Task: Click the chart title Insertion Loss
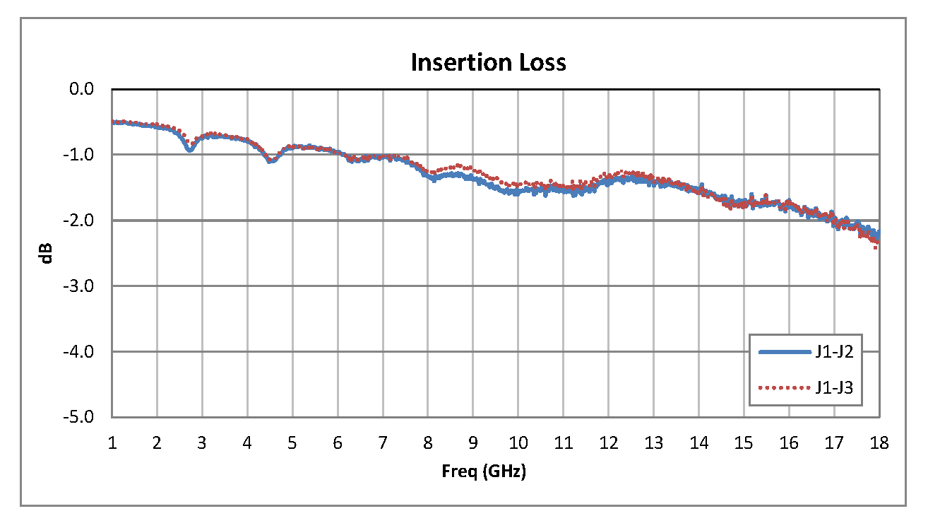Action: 488,62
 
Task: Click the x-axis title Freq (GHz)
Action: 484,471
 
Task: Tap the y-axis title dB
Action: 47,253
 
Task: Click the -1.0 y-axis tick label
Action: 81,155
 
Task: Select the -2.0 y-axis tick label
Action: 81,221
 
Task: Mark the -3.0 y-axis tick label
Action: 81,286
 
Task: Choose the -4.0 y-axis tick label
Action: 81,351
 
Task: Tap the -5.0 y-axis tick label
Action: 81,417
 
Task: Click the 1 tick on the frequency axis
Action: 112,443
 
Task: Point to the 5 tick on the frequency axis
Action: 292,443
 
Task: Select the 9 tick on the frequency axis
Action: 473,443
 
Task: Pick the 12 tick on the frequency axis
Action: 608,443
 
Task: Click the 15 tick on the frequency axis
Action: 744,443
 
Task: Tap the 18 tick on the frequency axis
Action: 879,443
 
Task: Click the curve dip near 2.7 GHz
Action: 189,148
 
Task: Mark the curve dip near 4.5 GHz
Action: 270,161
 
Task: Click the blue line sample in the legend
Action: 783,351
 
